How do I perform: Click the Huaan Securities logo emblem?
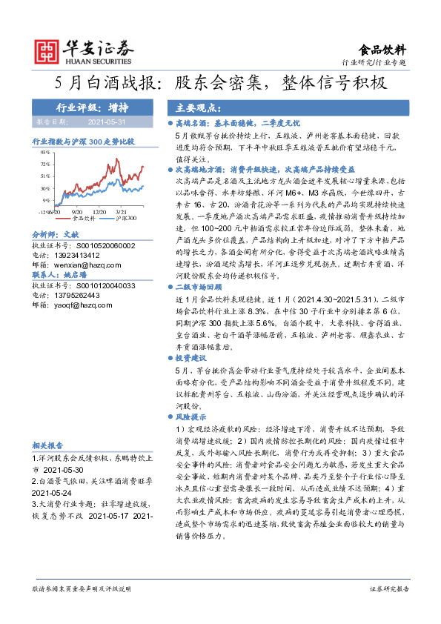[x=47, y=50]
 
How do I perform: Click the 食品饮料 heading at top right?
[x=382, y=50]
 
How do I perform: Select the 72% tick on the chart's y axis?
[x=45, y=164]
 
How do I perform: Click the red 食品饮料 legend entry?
[x=84, y=219]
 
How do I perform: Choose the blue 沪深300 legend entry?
[x=123, y=219]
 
